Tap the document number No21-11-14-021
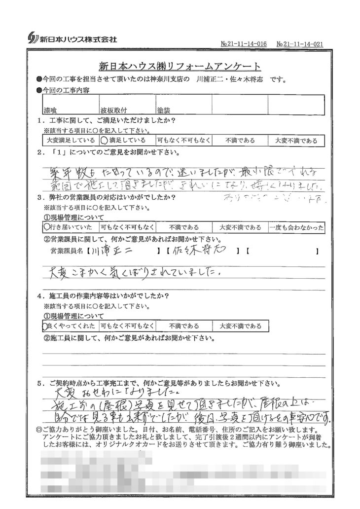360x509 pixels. coord(300,44)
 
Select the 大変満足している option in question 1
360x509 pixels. coord(70,141)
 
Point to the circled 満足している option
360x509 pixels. coord(126,141)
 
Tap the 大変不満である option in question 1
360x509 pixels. coord(296,141)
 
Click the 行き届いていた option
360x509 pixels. coord(70,227)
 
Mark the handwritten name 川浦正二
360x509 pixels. coord(111,252)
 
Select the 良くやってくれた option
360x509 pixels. coord(71,326)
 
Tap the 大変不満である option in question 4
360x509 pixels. coord(241,326)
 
